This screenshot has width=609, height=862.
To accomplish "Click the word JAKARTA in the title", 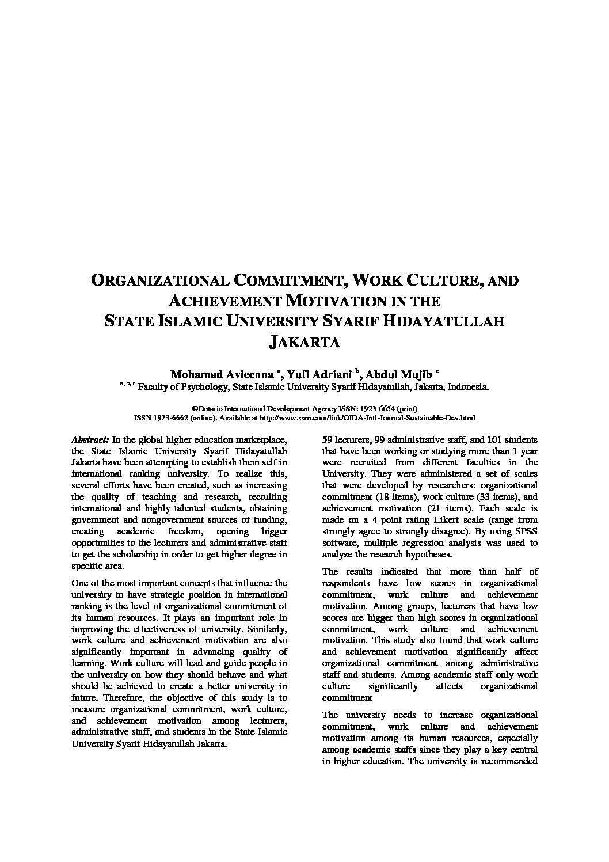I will (304, 342).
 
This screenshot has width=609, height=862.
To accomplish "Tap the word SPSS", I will (527, 531).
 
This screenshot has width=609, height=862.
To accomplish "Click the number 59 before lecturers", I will (327, 439).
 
